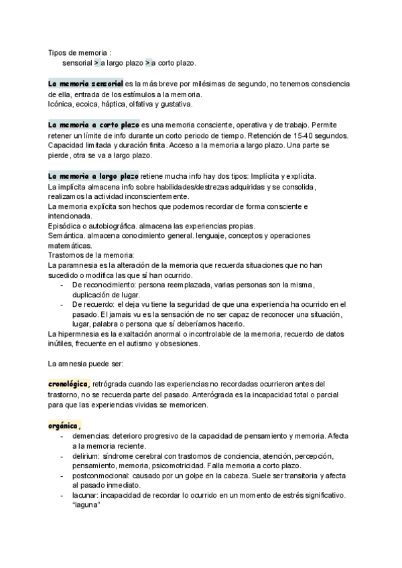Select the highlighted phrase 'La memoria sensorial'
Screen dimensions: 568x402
[85, 84]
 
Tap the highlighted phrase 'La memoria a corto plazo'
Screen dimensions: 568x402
[94, 125]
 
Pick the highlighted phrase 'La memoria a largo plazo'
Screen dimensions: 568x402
[94, 176]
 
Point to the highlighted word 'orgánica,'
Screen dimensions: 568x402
[65, 425]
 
